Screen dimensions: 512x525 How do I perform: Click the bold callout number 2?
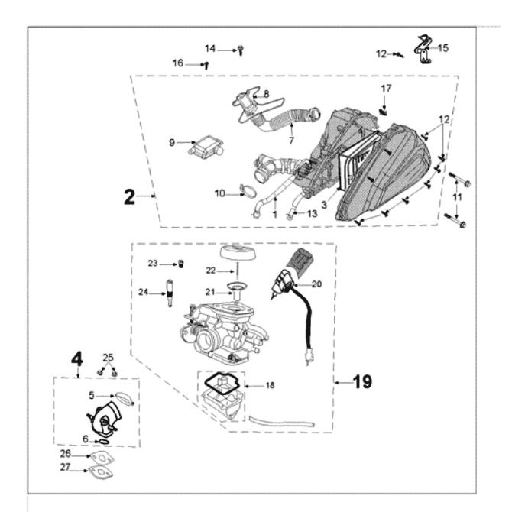point(130,196)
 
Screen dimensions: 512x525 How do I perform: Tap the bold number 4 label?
point(77,358)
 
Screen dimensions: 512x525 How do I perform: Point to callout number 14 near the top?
point(210,49)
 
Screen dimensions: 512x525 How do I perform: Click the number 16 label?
point(177,63)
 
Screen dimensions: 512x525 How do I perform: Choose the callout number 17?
point(387,89)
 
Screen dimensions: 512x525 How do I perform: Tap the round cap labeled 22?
point(237,253)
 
